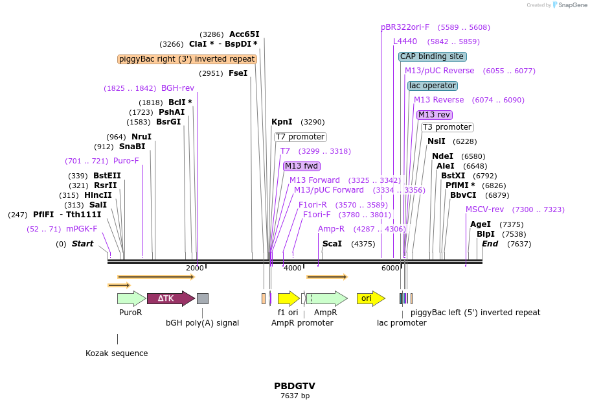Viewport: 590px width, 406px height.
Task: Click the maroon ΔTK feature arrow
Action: pos(170,298)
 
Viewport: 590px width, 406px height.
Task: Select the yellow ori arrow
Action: pos(370,298)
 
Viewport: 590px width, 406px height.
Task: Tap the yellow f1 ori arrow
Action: pos(288,298)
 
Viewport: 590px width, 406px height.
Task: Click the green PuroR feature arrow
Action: pos(131,298)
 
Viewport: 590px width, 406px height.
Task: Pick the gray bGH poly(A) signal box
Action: pos(203,298)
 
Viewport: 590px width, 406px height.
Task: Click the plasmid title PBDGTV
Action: pos(295,386)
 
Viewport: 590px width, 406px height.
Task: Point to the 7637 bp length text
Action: pos(295,396)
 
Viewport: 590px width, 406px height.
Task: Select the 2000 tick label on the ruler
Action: pos(194,268)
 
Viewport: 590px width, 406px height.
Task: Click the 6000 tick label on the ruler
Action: pos(390,268)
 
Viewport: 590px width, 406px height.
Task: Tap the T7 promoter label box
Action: pos(300,137)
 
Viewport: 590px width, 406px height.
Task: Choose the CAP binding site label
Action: pos(432,56)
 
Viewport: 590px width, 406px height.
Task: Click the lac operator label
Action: pos(433,86)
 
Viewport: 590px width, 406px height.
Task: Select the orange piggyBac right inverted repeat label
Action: pos(187,59)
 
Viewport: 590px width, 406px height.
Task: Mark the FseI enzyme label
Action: pos(238,73)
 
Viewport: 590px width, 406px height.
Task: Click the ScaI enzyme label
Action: pos(332,244)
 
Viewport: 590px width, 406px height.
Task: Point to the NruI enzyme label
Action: pos(141,137)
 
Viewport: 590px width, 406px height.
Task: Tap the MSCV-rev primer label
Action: pos(484,209)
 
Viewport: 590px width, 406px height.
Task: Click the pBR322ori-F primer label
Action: pos(405,27)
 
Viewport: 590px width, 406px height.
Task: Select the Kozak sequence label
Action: pos(117,353)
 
